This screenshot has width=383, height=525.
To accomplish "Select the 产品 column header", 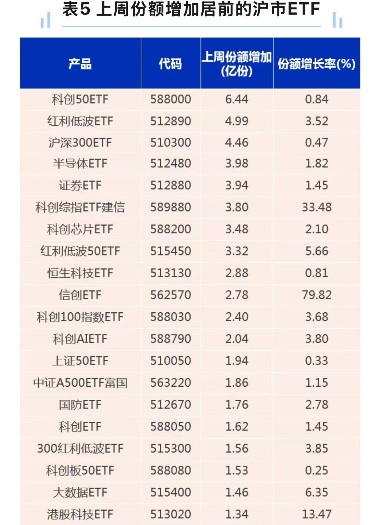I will tap(80, 64).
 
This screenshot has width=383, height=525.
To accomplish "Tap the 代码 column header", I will tap(171, 64).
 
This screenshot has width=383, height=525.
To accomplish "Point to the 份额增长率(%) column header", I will tap(316, 64).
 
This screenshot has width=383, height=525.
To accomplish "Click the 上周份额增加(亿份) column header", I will tap(237, 64).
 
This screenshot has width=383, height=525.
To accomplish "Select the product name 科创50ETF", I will tap(80, 99).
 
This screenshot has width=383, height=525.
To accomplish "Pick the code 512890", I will tap(171, 121).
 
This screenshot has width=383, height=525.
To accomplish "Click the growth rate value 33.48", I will tap(317, 207).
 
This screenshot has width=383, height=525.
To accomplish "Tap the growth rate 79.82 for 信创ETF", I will tap(317, 295).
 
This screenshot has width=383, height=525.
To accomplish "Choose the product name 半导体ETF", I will tap(80, 163).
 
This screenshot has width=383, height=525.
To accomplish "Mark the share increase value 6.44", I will tap(237, 99).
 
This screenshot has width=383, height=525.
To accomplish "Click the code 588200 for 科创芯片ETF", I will tap(171, 229).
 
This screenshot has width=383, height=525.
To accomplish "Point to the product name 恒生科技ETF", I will tap(80, 273).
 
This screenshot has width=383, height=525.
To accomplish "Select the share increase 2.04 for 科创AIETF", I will tap(237, 339).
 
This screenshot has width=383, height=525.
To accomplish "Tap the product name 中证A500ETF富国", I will tap(80, 383).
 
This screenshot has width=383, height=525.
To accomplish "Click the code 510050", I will tap(171, 361).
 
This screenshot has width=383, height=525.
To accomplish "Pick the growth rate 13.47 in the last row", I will tap(317, 514).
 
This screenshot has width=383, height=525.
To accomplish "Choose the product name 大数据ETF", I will tap(80, 492).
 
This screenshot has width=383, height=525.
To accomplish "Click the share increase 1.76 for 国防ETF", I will tap(237, 405).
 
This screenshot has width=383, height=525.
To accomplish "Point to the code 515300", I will tap(171, 448).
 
